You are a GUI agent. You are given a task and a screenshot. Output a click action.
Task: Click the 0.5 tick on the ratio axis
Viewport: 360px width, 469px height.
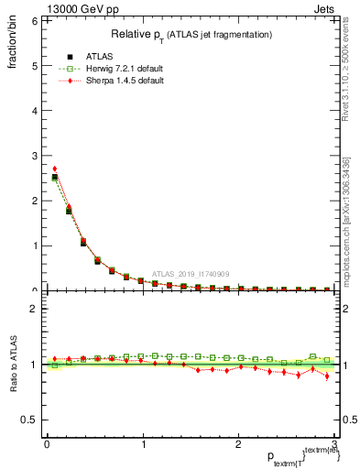tap(28, 420)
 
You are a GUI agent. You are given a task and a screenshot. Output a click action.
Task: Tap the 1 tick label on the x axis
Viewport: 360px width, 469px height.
tap(143, 444)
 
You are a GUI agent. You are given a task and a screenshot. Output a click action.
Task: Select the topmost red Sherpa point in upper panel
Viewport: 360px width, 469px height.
tap(55, 169)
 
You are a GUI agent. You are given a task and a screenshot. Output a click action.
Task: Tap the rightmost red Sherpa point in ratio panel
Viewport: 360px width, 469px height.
tap(327, 376)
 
